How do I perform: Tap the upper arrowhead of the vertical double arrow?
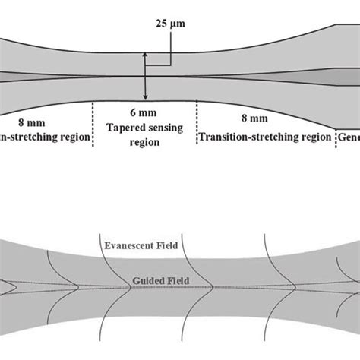[x=144, y=55]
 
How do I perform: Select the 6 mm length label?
[x=144, y=112]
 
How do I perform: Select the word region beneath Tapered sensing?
[x=144, y=142]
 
